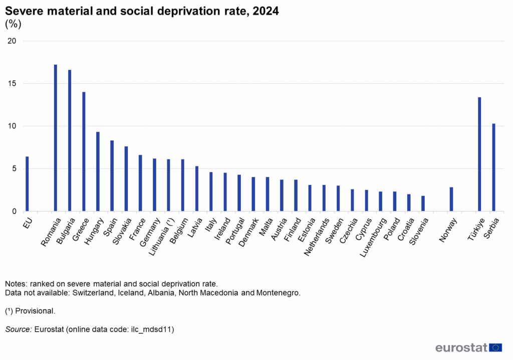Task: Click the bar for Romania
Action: tap(55, 138)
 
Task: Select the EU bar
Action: tap(27, 184)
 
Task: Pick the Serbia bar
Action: tap(493, 167)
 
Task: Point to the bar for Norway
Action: tap(451, 199)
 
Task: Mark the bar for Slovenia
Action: tap(423, 204)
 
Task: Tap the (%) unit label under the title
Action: tap(13, 24)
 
